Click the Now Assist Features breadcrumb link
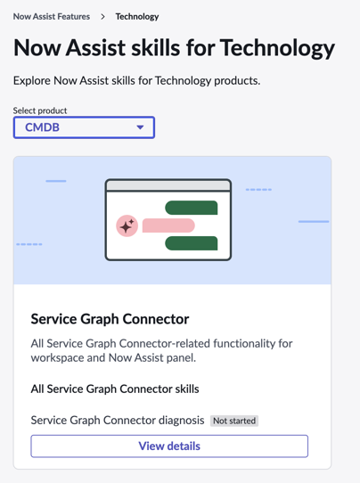coord(52,17)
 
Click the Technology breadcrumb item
coord(137,17)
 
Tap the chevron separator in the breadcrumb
coord(102,17)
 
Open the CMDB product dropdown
coord(84,127)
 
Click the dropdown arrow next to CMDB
coord(140,127)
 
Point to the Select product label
coord(40,111)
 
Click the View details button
coord(169,446)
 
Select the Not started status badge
coord(234,421)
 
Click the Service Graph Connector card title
coord(110,319)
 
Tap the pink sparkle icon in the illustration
coord(127,225)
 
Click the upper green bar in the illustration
coord(192,208)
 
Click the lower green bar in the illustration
coord(192,243)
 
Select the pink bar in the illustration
coord(168,225)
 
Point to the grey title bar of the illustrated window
coord(168,185)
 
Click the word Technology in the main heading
coord(277,48)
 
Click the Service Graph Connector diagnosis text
coord(118,421)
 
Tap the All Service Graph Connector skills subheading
coord(115,389)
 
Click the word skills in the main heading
coord(156,48)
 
